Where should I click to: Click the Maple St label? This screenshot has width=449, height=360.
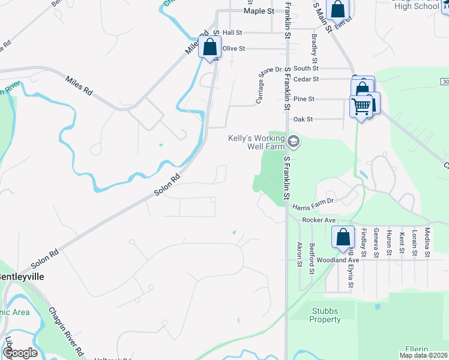coord(259,11)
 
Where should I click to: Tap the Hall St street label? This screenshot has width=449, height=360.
coord(232,32)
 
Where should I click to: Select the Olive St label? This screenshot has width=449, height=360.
coord(234,48)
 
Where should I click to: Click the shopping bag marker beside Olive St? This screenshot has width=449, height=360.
coord(210,47)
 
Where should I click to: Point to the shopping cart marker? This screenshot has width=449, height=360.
coord(361,107)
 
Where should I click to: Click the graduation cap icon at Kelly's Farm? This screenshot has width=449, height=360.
coord(293,142)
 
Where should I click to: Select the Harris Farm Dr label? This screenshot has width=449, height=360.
coord(313,208)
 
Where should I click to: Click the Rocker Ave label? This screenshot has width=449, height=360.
coord(319,220)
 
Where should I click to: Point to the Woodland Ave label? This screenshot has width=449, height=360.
coord(338,260)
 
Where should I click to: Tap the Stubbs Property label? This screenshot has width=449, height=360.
coord(325,315)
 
